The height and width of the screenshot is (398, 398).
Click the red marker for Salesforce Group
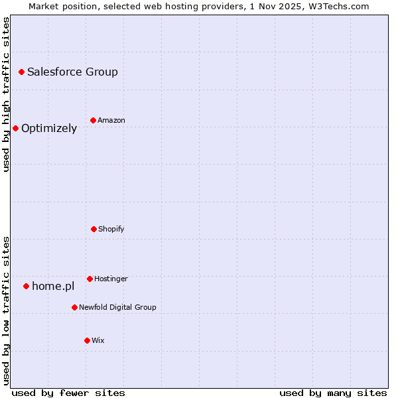coord(21,72)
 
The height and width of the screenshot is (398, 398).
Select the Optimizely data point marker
coord(15,128)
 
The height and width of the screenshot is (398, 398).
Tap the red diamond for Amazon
coord(93,120)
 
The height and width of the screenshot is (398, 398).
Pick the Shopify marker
coord(94,229)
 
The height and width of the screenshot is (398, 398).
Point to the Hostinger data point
coord(90,279)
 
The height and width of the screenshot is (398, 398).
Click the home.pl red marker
coord(26,286)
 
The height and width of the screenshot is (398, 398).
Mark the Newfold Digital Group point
coord(74,307)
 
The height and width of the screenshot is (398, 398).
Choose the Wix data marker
coord(87,340)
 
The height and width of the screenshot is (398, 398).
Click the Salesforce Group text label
coord(72,72)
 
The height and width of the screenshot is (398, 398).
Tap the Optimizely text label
coord(49,128)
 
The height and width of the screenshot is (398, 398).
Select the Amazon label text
coord(111,120)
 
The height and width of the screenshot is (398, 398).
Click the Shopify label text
coord(111,229)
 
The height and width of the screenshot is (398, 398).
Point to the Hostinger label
coord(111,279)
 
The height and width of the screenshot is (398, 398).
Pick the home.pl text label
coord(53,286)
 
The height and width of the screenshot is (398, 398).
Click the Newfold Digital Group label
coord(117,307)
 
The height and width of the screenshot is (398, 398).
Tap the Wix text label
coord(98,340)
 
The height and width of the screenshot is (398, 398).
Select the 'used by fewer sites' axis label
coord(68,393)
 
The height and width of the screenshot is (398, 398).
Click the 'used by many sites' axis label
coord(333,393)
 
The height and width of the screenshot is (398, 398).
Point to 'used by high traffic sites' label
coord(6,94)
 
